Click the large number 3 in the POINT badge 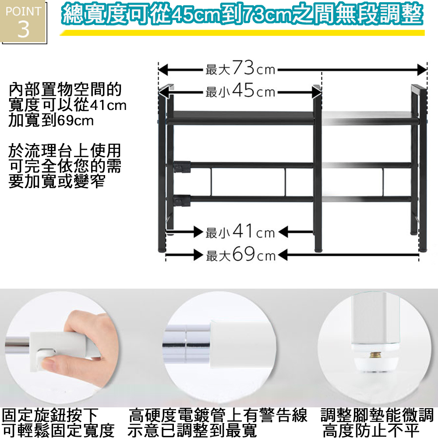click(24, 29)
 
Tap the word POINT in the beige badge click(24, 11)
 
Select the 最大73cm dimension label click(240, 68)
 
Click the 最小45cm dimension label click(240, 90)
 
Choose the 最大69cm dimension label click(241, 254)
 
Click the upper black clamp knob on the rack click(182, 167)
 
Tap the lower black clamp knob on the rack click(182, 201)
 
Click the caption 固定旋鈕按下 click(50, 415)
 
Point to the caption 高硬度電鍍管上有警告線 click(218, 415)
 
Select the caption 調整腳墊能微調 click(377, 415)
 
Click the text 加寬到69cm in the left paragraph click(51, 120)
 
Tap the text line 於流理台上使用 click(65, 151)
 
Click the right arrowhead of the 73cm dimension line click(422, 70)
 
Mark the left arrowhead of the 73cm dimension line click(163, 70)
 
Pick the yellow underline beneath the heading click(242, 33)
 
